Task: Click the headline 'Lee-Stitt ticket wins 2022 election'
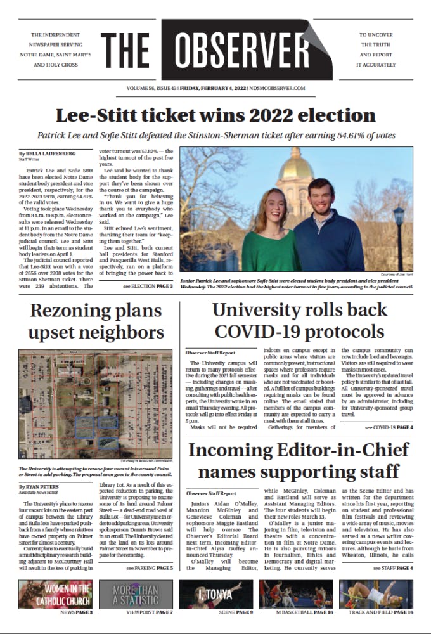215,115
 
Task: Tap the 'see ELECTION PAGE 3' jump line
148,287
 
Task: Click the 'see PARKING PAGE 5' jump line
145,569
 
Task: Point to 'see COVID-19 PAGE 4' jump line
389,428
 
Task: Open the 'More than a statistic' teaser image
134,594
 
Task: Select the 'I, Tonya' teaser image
215,594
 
